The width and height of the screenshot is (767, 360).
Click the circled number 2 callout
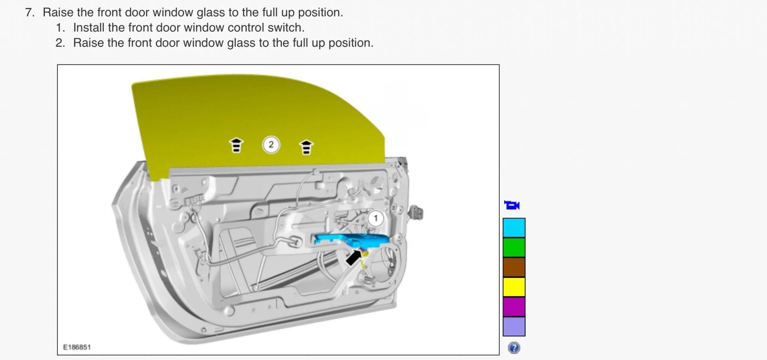coord(271,144)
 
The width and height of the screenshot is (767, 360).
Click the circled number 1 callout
coord(376,218)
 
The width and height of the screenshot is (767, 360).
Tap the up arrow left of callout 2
coord(236,145)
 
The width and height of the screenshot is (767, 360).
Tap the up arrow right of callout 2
coord(306,147)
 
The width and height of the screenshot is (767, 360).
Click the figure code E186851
coord(77,347)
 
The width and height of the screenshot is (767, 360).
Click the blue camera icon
coord(512,205)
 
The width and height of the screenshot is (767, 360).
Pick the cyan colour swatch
coord(514,228)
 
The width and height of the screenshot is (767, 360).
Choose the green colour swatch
coord(514,247)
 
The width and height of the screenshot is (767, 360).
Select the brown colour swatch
coord(514,267)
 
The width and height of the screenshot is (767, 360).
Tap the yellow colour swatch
coord(514,287)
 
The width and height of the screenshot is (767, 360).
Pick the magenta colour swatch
coord(514,307)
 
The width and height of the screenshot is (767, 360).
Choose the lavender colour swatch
coord(514,327)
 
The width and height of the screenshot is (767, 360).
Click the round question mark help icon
coord(514,348)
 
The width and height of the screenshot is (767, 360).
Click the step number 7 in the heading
coord(29,13)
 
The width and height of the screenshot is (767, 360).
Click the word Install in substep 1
coord(88,27)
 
